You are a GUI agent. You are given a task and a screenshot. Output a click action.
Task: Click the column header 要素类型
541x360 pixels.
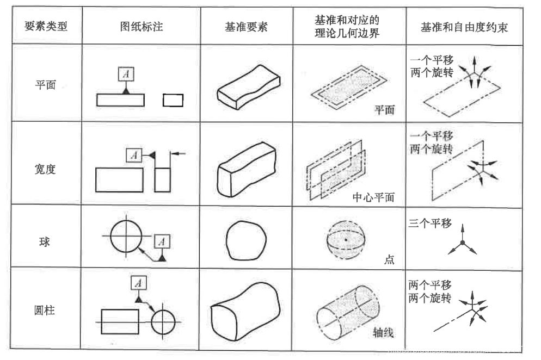(46, 27)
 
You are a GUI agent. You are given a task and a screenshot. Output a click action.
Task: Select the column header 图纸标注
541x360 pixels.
(142, 27)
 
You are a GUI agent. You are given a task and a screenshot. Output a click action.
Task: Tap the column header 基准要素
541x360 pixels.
(246, 27)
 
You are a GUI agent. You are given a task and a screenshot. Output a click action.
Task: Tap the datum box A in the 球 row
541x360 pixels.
(163, 240)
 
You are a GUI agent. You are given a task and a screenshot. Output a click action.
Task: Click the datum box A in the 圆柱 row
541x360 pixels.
(139, 283)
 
